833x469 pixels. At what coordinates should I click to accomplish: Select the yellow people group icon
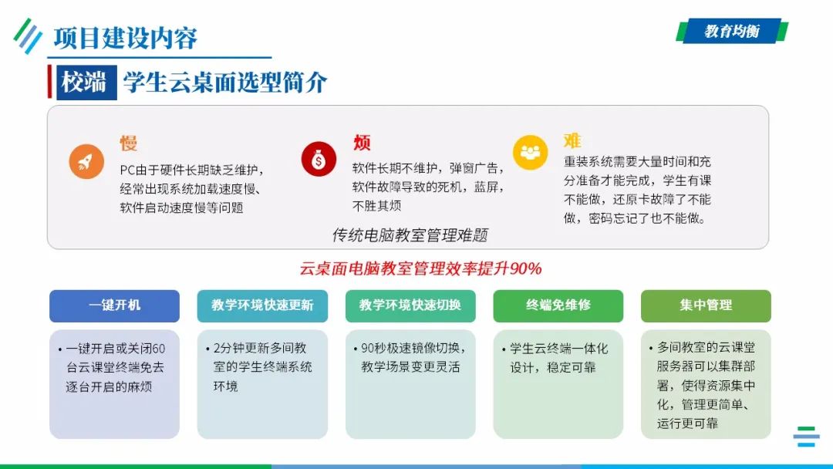530,152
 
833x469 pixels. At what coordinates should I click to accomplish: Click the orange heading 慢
128,143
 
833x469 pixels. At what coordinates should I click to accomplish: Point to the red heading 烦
362,143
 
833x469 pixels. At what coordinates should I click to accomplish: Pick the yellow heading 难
572,141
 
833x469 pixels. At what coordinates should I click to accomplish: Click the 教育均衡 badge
731,31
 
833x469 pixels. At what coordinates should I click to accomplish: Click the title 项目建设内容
125,37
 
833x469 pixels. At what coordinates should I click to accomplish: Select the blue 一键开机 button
114,305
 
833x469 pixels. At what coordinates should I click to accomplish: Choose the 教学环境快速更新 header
262,305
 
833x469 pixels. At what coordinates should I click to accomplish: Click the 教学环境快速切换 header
410,305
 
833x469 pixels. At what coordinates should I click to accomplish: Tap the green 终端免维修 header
558,305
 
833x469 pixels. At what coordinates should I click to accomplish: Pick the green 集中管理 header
706,305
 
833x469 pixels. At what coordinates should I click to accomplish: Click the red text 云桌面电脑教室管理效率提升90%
420,268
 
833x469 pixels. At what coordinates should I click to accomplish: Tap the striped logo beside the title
28,35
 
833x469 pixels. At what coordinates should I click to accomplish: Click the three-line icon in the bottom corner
806,437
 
